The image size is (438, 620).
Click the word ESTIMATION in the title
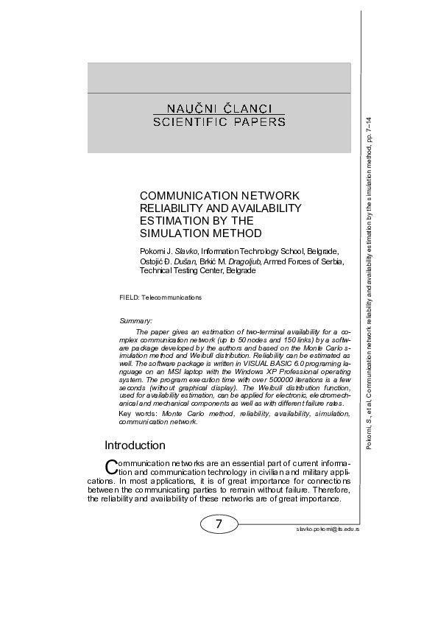click(170, 221)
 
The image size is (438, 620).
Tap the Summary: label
click(135, 321)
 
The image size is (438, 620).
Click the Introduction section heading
click(135, 445)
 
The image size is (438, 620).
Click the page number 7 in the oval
click(219, 524)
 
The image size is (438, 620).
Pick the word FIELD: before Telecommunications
click(130, 297)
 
